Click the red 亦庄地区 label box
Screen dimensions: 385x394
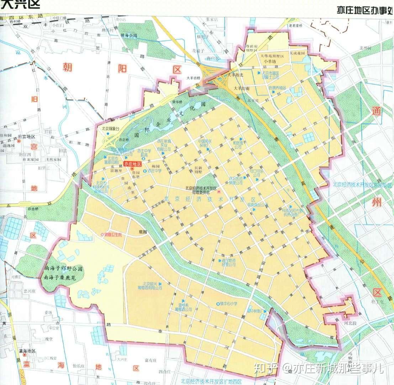[x=133, y=164]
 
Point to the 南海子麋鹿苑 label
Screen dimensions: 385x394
[x=62, y=277]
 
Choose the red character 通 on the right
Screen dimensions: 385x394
[x=377, y=111]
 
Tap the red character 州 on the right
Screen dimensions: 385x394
[x=378, y=204]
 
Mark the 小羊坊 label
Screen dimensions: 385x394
[x=270, y=61]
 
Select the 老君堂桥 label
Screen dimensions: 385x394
[x=295, y=25]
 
